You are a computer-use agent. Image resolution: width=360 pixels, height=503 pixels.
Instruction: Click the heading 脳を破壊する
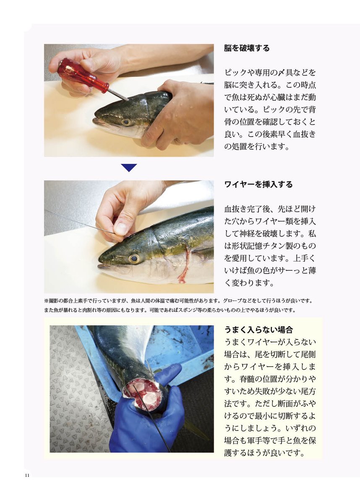pos(247,48)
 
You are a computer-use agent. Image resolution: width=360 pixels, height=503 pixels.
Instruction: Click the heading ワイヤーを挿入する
pos(258,184)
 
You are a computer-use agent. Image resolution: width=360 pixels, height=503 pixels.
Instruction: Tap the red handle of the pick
pos(83,75)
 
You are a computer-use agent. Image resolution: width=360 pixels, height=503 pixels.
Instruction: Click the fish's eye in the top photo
pos(126,122)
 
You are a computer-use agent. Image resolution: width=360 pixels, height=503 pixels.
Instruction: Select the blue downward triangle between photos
pos(129,168)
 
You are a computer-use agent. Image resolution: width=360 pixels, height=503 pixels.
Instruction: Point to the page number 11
pos(27,475)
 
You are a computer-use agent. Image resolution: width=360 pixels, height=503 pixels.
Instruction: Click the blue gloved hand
pos(147,428)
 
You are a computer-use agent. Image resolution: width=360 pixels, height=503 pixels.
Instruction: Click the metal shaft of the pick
pos(118,95)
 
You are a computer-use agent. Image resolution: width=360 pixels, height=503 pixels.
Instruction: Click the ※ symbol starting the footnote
pos(46,301)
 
